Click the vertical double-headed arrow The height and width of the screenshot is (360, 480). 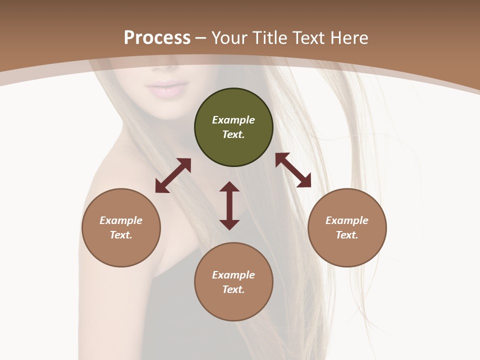click(x=229, y=205)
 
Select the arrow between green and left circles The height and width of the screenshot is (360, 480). click(x=173, y=175)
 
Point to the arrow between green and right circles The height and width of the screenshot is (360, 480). click(x=293, y=170)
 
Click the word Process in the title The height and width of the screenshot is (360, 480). click(x=157, y=38)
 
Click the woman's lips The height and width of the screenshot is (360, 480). click(x=165, y=89)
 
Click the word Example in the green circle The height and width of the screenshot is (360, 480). click(x=233, y=120)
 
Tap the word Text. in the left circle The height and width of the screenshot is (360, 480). click(x=121, y=235)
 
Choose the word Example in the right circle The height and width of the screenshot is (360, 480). click(x=347, y=220)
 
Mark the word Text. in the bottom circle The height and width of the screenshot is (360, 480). click(x=233, y=289)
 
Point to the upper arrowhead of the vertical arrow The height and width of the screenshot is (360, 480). click(x=229, y=186)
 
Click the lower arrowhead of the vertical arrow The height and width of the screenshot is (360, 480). click(x=229, y=224)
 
